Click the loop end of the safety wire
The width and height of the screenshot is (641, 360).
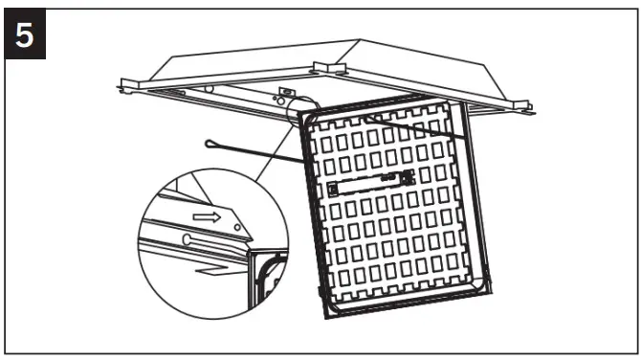(x=214, y=145)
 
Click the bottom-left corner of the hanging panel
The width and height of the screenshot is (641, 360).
(x=325, y=313)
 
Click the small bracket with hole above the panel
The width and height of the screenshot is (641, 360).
(x=283, y=95)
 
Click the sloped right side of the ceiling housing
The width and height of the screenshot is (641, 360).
(x=450, y=72)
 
